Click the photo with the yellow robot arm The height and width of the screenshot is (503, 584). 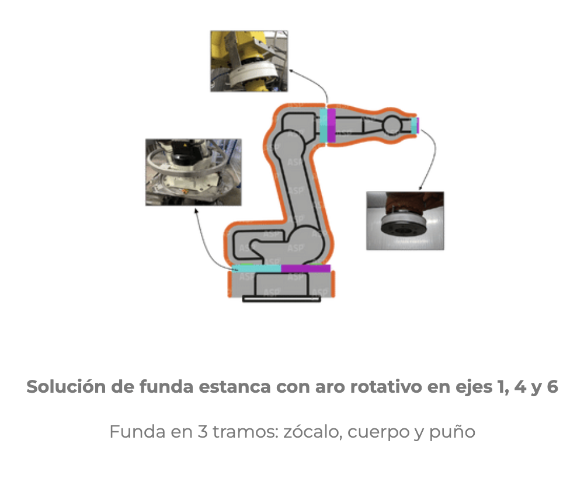(x=249, y=61)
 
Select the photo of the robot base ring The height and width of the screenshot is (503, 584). (x=193, y=172)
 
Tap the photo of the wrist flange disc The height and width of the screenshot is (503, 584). (x=405, y=221)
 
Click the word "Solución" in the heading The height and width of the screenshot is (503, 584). (x=66, y=386)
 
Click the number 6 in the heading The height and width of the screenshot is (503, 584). (x=552, y=386)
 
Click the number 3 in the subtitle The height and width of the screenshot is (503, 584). (x=202, y=432)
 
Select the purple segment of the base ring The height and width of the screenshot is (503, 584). (x=306, y=268)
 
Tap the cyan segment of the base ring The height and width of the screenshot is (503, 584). (x=256, y=268)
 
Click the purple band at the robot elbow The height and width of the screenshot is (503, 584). (x=331, y=125)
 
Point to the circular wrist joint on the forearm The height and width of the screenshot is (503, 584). (x=392, y=125)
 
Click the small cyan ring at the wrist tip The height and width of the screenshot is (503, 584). (x=414, y=125)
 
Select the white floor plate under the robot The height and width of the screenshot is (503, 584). (x=281, y=299)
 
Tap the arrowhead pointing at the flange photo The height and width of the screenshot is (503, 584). (x=420, y=188)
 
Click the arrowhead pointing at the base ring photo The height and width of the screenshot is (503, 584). (x=196, y=211)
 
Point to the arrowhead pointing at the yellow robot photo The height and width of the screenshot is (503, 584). (x=291, y=70)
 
